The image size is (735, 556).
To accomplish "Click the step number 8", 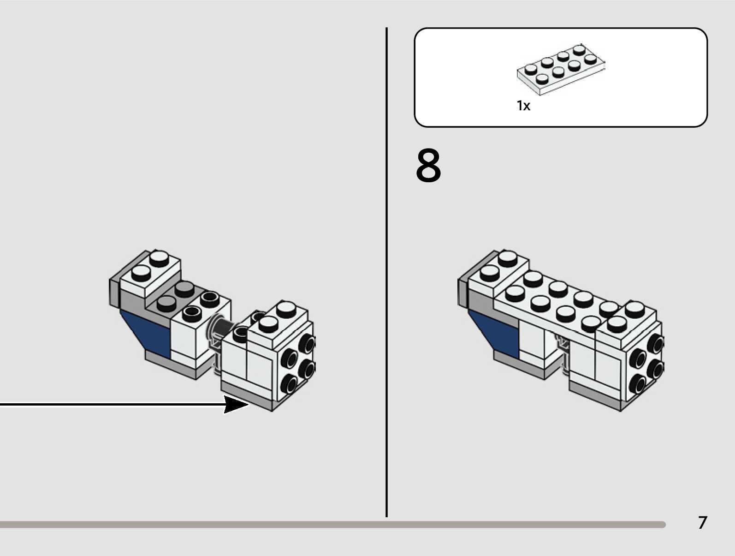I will coord(428,166).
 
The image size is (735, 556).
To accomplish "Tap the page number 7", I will coord(702,523).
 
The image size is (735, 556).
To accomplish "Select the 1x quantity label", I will coord(523,106).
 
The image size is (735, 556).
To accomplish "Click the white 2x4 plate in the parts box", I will coord(560,69).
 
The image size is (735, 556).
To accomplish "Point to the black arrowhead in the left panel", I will coord(236,405).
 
